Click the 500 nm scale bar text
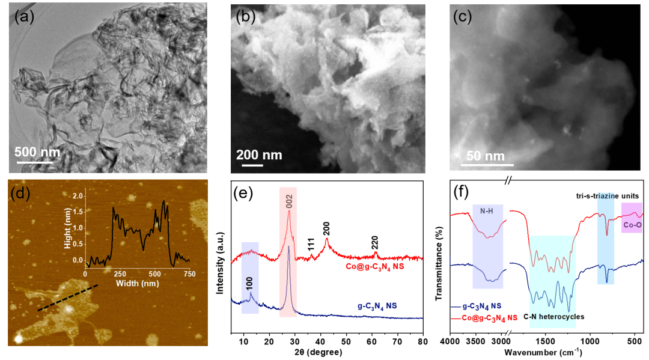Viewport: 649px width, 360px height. click(x=38, y=151)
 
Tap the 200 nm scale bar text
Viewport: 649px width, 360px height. click(x=260, y=155)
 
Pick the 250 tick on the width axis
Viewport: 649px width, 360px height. click(x=120, y=273)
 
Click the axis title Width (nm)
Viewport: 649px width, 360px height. click(x=138, y=282)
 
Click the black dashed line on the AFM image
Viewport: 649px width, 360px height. click(x=67, y=298)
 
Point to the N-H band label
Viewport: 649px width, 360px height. click(x=488, y=212)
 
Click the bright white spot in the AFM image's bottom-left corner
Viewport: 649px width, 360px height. click(x=19, y=338)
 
